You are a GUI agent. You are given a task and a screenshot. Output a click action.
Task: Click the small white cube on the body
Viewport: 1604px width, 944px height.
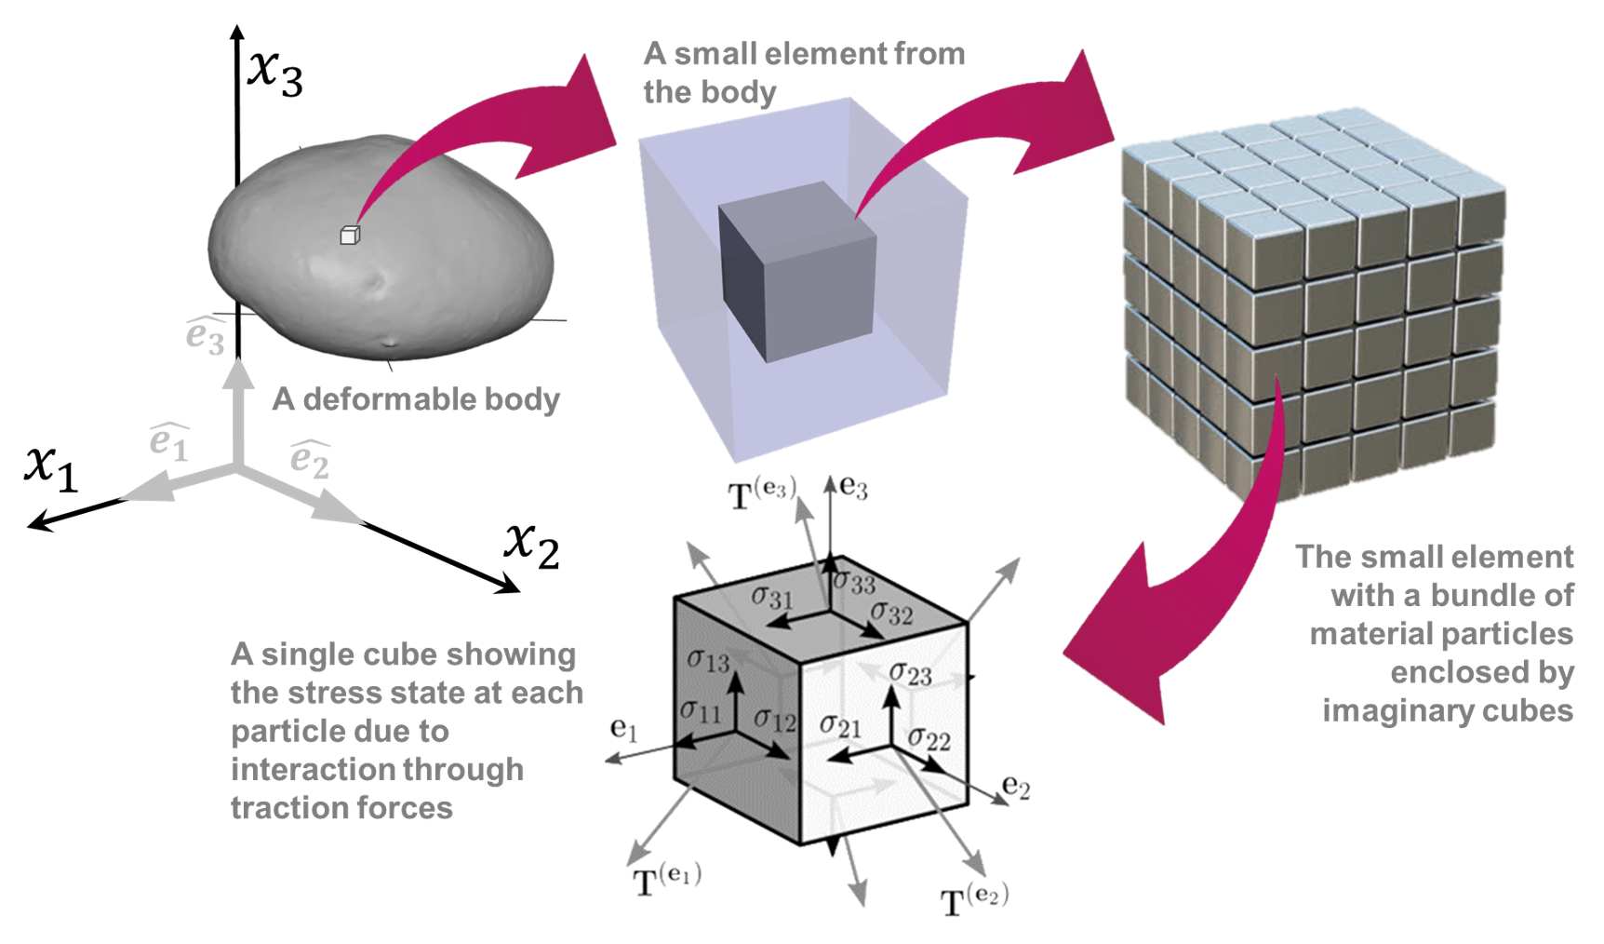click(x=349, y=235)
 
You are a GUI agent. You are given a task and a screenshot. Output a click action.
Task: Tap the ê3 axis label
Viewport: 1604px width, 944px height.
click(x=206, y=336)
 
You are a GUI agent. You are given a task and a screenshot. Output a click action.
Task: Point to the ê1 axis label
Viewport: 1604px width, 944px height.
click(x=169, y=442)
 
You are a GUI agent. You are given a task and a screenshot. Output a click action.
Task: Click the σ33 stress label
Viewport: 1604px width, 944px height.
click(x=854, y=583)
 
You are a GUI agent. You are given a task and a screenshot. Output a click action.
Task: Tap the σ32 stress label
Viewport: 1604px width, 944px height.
click(x=891, y=613)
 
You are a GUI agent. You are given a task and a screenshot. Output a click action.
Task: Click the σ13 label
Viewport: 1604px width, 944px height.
click(x=708, y=660)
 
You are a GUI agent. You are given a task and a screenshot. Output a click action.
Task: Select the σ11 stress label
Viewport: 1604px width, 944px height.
click(x=701, y=712)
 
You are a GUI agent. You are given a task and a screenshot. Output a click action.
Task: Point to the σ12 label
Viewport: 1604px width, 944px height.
click(x=774, y=719)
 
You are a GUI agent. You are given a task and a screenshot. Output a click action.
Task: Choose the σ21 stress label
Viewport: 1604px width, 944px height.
click(x=840, y=725)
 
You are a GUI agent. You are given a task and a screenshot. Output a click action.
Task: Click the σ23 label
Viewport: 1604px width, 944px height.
click(x=910, y=673)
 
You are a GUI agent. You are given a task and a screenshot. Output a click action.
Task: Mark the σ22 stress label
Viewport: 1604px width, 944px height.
click(x=929, y=739)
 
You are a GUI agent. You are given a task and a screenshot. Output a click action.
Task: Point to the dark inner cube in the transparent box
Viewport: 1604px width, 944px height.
click(x=798, y=270)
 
